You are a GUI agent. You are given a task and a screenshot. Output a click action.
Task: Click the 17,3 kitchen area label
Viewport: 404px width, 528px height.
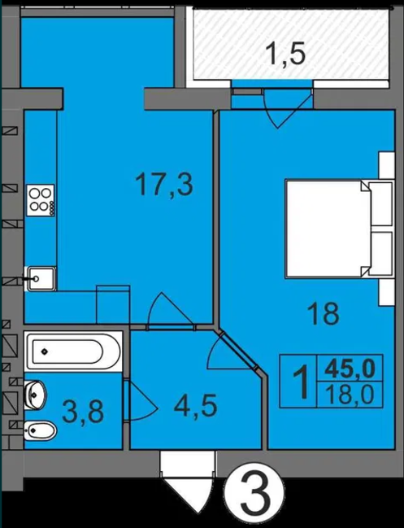(x=164, y=185)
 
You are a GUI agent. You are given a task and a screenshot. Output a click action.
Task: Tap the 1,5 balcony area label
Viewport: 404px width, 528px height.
(x=286, y=54)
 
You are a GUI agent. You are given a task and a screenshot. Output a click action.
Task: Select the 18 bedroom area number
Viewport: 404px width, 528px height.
(x=324, y=313)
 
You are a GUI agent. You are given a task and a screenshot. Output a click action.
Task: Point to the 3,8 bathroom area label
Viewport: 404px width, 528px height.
(x=83, y=412)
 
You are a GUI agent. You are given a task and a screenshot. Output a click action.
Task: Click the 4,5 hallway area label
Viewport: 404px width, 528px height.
(x=195, y=405)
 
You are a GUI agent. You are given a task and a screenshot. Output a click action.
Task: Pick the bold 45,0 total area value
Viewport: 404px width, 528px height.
(x=350, y=368)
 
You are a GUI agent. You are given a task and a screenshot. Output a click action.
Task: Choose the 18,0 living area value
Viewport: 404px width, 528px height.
(x=350, y=395)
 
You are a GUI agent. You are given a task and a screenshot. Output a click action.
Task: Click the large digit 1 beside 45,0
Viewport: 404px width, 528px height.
(x=301, y=382)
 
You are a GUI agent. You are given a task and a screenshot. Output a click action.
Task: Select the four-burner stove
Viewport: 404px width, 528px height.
(x=41, y=200)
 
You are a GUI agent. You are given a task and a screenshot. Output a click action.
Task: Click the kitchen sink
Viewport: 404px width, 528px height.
(x=41, y=278)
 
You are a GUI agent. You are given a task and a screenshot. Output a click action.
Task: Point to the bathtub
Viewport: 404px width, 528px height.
(x=73, y=351)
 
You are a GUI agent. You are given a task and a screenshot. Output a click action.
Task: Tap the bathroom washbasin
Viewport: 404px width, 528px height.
(x=35, y=395)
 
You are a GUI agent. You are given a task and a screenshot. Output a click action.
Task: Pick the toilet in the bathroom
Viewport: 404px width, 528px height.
(x=40, y=430)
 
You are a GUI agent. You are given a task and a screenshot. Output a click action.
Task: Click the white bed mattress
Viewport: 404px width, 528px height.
(x=328, y=229)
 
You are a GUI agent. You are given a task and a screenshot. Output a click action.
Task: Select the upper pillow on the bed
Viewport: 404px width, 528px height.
(x=380, y=204)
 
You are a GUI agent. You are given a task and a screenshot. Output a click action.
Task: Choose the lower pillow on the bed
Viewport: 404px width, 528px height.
(x=380, y=254)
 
